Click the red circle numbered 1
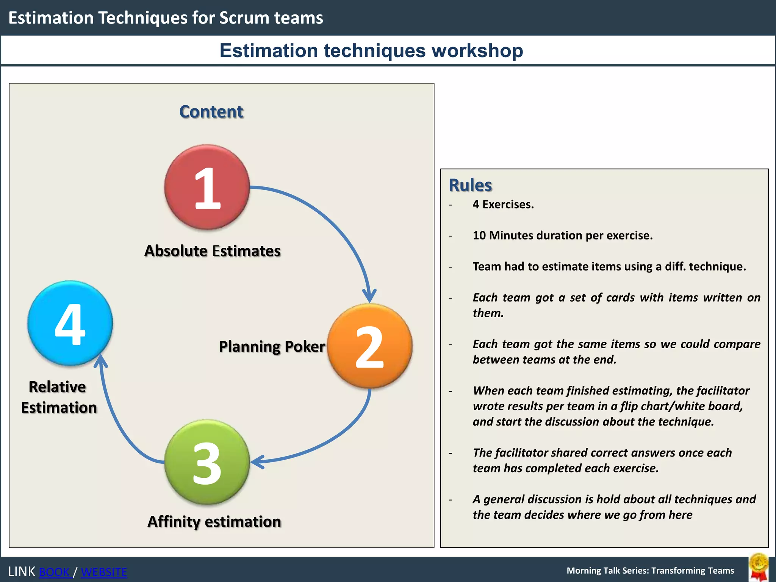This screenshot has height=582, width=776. click(x=207, y=187)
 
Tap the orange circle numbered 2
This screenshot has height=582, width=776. click(x=369, y=346)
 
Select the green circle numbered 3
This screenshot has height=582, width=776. click(x=207, y=462)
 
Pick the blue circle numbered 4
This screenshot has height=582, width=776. click(x=70, y=323)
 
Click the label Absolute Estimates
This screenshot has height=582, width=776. click(x=212, y=251)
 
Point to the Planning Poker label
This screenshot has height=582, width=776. click(x=272, y=347)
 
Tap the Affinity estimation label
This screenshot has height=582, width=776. click(x=214, y=522)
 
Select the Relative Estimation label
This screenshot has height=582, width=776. click(x=59, y=397)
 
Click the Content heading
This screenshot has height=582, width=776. click(x=211, y=112)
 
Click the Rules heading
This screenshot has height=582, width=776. click(x=470, y=185)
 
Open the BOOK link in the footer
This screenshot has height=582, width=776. click(x=55, y=572)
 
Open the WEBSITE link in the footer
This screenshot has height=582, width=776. click(x=104, y=572)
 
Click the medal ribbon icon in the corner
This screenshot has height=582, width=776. click(x=759, y=567)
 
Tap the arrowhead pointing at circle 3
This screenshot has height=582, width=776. click(x=257, y=462)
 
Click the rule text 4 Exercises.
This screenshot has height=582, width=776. click(x=503, y=205)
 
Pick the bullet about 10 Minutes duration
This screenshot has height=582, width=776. click(x=562, y=236)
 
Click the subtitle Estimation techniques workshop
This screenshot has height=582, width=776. click(x=371, y=50)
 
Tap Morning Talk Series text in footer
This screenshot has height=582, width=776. click(x=650, y=571)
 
